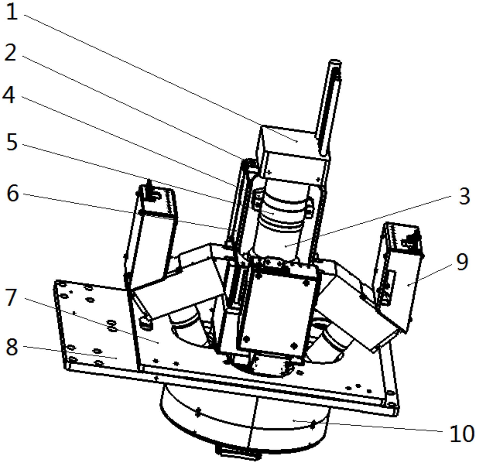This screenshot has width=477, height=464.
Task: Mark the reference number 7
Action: (x=11, y=297)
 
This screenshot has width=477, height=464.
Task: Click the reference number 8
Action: (x=12, y=347)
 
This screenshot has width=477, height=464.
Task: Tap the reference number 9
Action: (x=462, y=262)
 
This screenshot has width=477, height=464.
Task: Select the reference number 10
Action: (x=461, y=434)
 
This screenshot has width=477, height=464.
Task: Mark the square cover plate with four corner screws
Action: (x=278, y=313)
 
